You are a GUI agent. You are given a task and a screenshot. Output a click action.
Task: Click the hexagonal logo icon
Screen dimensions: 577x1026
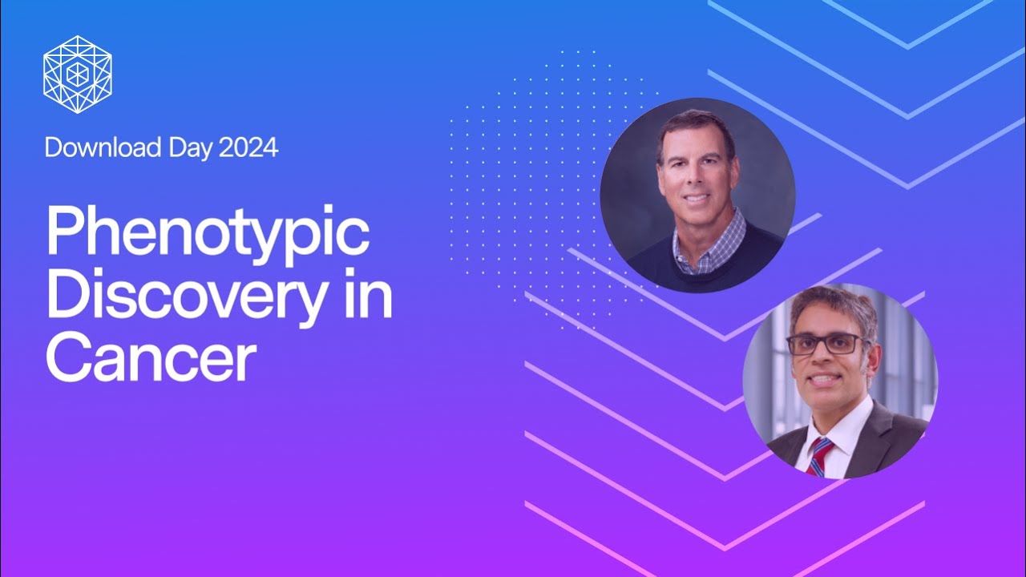tap(78, 74)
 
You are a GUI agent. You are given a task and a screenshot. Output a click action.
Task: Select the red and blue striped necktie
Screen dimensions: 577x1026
tap(818, 457)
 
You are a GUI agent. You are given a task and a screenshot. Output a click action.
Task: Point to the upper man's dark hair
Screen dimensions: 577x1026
tap(696, 127)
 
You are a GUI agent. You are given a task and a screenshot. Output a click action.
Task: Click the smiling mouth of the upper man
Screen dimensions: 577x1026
tap(697, 196)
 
